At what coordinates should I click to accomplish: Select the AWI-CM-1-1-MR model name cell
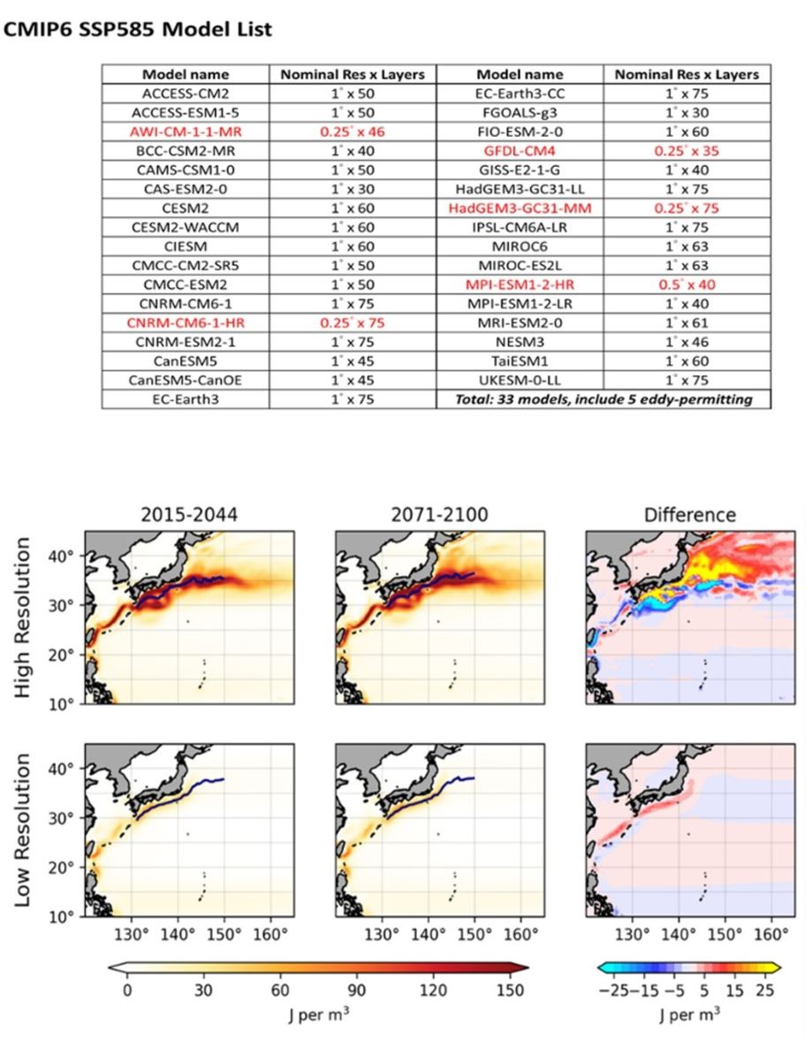pos(186,130)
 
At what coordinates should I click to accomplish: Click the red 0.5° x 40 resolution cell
pos(686,285)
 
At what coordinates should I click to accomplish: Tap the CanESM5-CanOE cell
pos(186,382)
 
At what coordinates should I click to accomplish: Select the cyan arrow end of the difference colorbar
pos(604,967)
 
